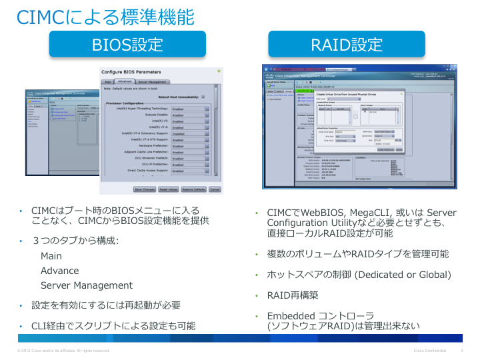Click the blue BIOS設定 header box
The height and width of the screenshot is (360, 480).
click(127, 45)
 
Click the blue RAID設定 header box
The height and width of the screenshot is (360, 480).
click(347, 45)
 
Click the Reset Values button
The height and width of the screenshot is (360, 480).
click(169, 189)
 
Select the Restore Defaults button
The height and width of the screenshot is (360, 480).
click(193, 189)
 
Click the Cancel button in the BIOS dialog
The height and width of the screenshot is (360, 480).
click(215, 189)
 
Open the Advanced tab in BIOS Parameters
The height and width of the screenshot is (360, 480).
click(125, 81)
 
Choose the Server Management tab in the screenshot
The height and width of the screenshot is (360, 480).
click(153, 81)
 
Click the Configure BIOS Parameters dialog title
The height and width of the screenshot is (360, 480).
click(131, 71)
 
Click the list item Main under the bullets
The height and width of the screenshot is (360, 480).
click(51, 256)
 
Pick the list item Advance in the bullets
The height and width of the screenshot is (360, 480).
click(60, 271)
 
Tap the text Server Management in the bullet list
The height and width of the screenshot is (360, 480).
click(87, 285)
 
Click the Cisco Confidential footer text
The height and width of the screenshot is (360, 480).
click(429, 351)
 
